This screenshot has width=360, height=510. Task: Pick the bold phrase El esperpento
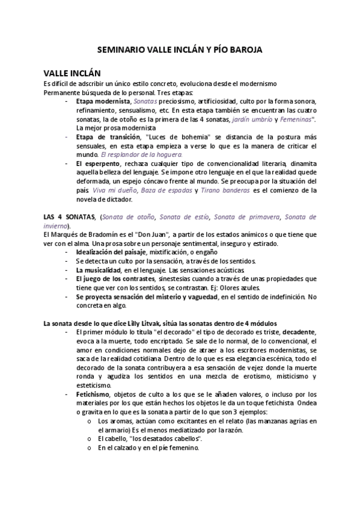97,164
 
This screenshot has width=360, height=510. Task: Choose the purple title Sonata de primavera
246,216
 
